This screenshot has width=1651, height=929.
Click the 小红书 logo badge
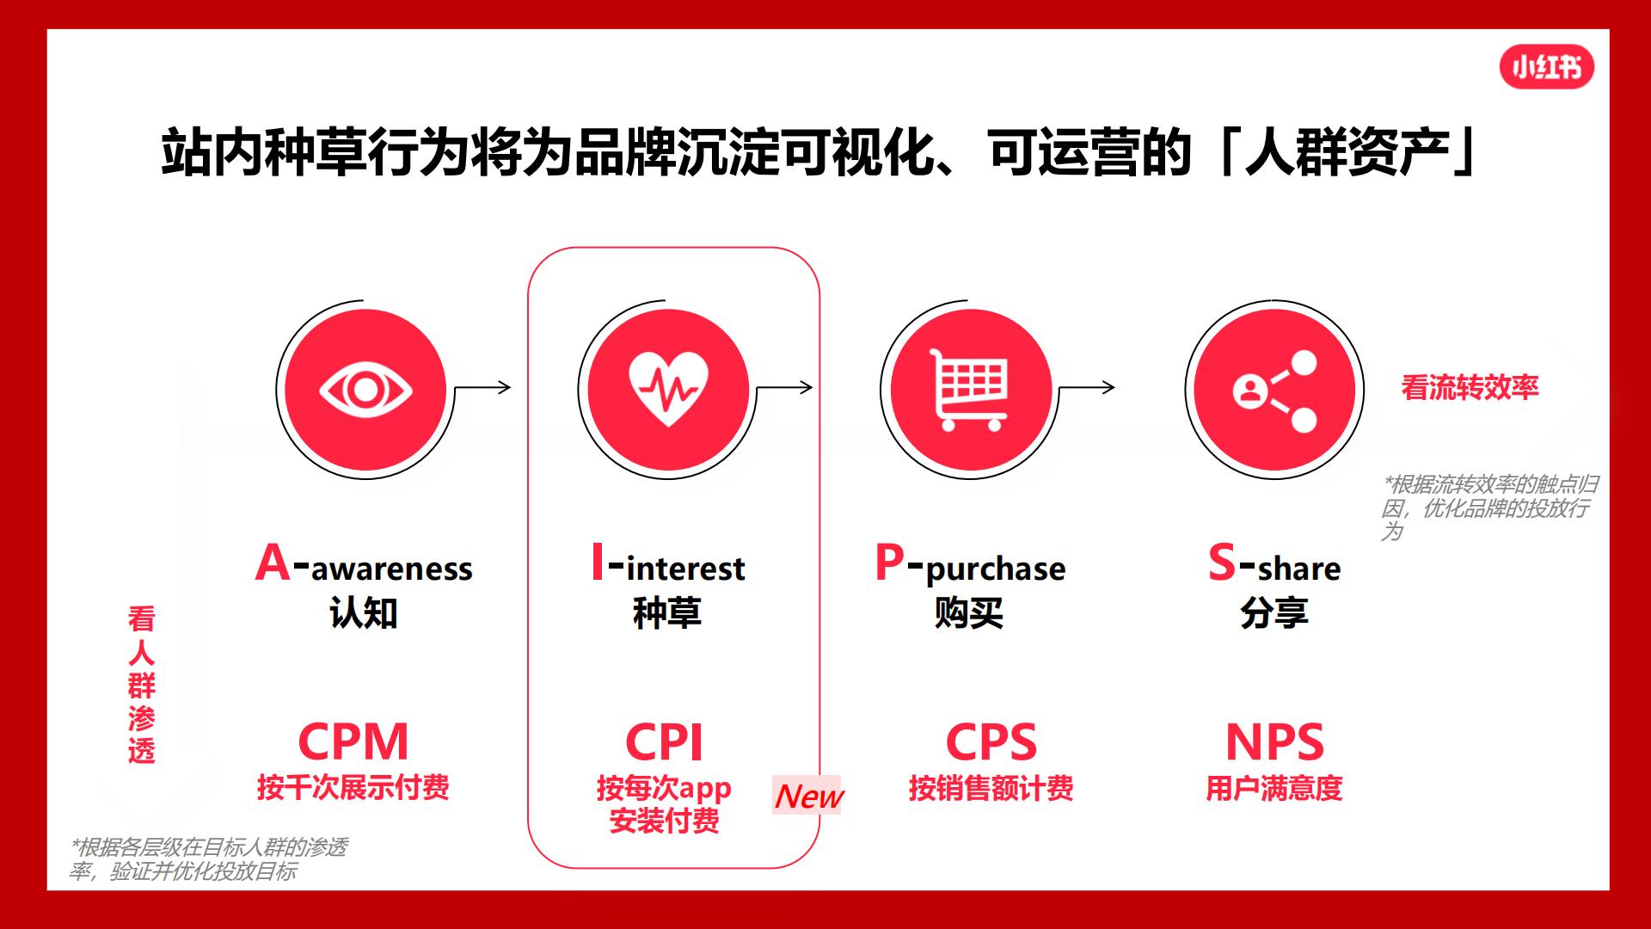tap(1546, 68)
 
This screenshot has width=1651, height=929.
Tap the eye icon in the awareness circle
tap(365, 390)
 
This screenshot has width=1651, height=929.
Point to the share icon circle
tap(1274, 390)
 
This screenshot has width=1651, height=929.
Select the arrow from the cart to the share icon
tap(1086, 387)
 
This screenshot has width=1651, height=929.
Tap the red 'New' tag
tap(808, 796)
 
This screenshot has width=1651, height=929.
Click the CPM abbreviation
tap(353, 741)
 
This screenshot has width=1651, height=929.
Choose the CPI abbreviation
tap(664, 741)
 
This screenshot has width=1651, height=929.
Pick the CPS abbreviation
tap(991, 741)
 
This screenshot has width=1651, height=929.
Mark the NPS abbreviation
tap(1274, 741)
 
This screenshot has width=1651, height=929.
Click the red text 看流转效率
tap(1470, 388)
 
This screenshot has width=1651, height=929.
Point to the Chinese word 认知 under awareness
tap(364, 613)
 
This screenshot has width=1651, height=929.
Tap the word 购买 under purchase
tap(969, 613)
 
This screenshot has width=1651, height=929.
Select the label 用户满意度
tap(1274, 788)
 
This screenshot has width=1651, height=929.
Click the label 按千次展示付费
tap(353, 788)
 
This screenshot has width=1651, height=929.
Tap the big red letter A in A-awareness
tap(273, 563)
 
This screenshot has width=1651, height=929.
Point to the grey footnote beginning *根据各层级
tap(209, 859)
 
